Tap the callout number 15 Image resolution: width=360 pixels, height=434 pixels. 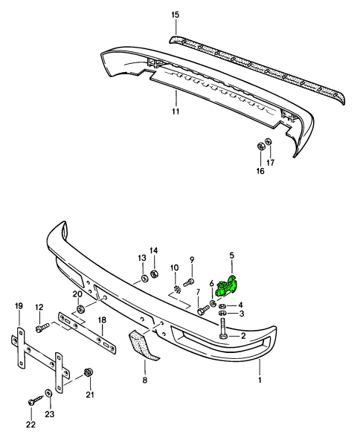176,15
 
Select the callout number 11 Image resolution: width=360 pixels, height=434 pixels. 176,111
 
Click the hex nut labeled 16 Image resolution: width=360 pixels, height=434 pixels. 260,146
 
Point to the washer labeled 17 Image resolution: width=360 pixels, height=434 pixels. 269,141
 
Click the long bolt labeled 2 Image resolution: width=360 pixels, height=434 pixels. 223,328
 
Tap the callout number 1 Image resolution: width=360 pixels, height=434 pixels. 260,380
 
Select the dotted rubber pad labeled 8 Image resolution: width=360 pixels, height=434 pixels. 142,345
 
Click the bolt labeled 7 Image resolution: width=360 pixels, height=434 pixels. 203,309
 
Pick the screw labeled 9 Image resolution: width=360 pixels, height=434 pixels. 189,282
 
